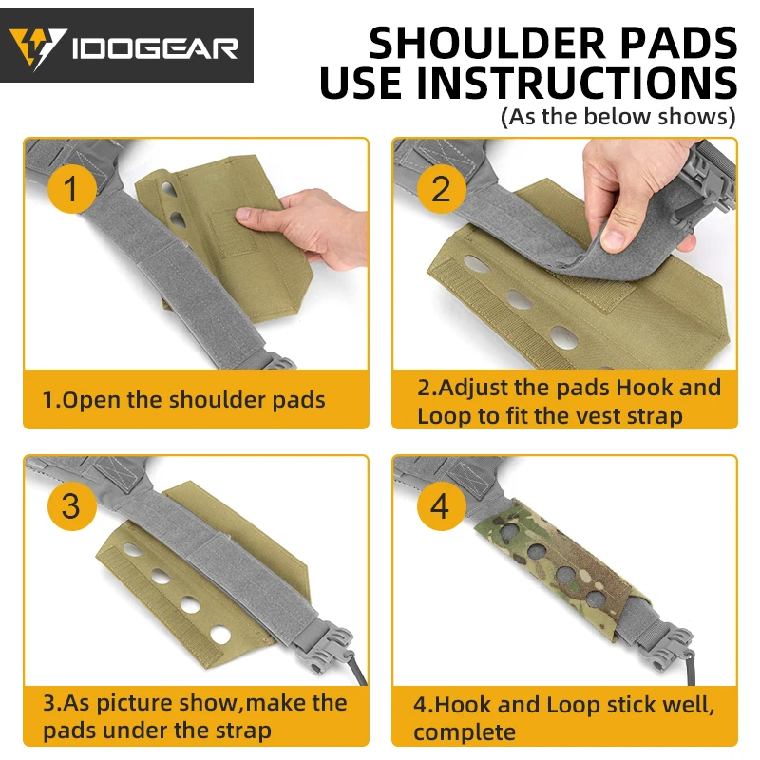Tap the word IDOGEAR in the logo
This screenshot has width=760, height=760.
[x=155, y=49]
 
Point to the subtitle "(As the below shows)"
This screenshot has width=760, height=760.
[x=618, y=117]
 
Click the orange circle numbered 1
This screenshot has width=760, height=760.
[x=72, y=188]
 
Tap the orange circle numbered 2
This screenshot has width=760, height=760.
[x=441, y=188]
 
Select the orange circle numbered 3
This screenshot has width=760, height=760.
[x=72, y=505]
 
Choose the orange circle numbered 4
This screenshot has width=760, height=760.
[x=441, y=505]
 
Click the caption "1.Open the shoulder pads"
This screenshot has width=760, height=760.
[x=183, y=400]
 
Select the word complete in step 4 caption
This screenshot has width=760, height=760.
[x=465, y=731]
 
